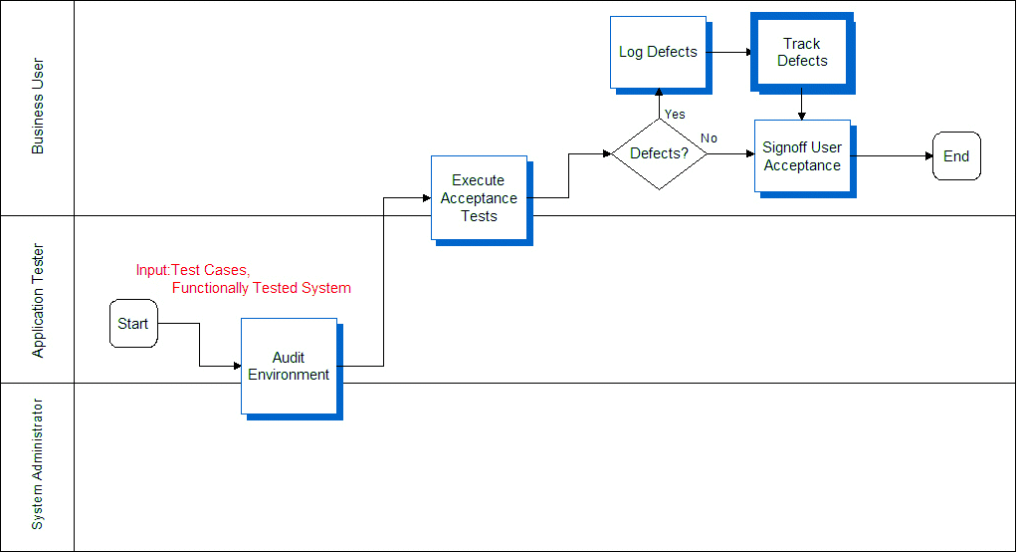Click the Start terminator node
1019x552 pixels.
click(133, 324)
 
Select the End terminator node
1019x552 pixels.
click(956, 156)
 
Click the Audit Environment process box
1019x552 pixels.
click(289, 366)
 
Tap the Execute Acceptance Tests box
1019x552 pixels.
click(479, 197)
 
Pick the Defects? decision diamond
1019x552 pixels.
click(659, 153)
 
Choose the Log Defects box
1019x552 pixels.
click(658, 52)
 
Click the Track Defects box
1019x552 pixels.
click(801, 52)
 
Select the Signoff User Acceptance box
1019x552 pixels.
click(802, 156)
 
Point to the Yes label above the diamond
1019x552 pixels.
click(675, 114)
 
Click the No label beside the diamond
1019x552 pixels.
click(709, 138)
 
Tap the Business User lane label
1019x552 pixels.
click(38, 107)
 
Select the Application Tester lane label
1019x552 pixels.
click(38, 300)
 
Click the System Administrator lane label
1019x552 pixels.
click(38, 464)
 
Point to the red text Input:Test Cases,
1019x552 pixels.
click(193, 270)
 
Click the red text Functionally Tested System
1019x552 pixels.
click(261, 288)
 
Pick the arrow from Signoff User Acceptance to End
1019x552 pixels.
click(893, 156)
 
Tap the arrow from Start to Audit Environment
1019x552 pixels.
click(199, 345)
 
